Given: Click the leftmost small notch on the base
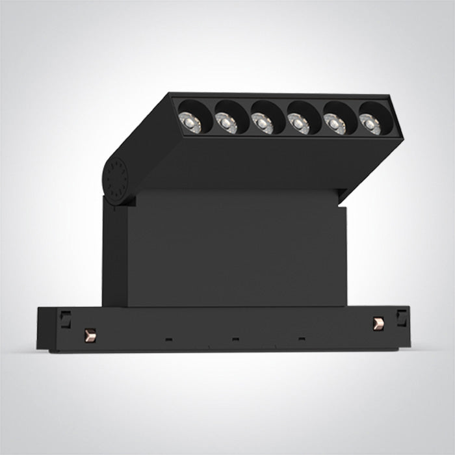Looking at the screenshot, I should [x=168, y=338].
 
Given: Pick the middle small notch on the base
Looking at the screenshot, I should [x=235, y=339].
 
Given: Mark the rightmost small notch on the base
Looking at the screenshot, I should [x=301, y=339].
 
